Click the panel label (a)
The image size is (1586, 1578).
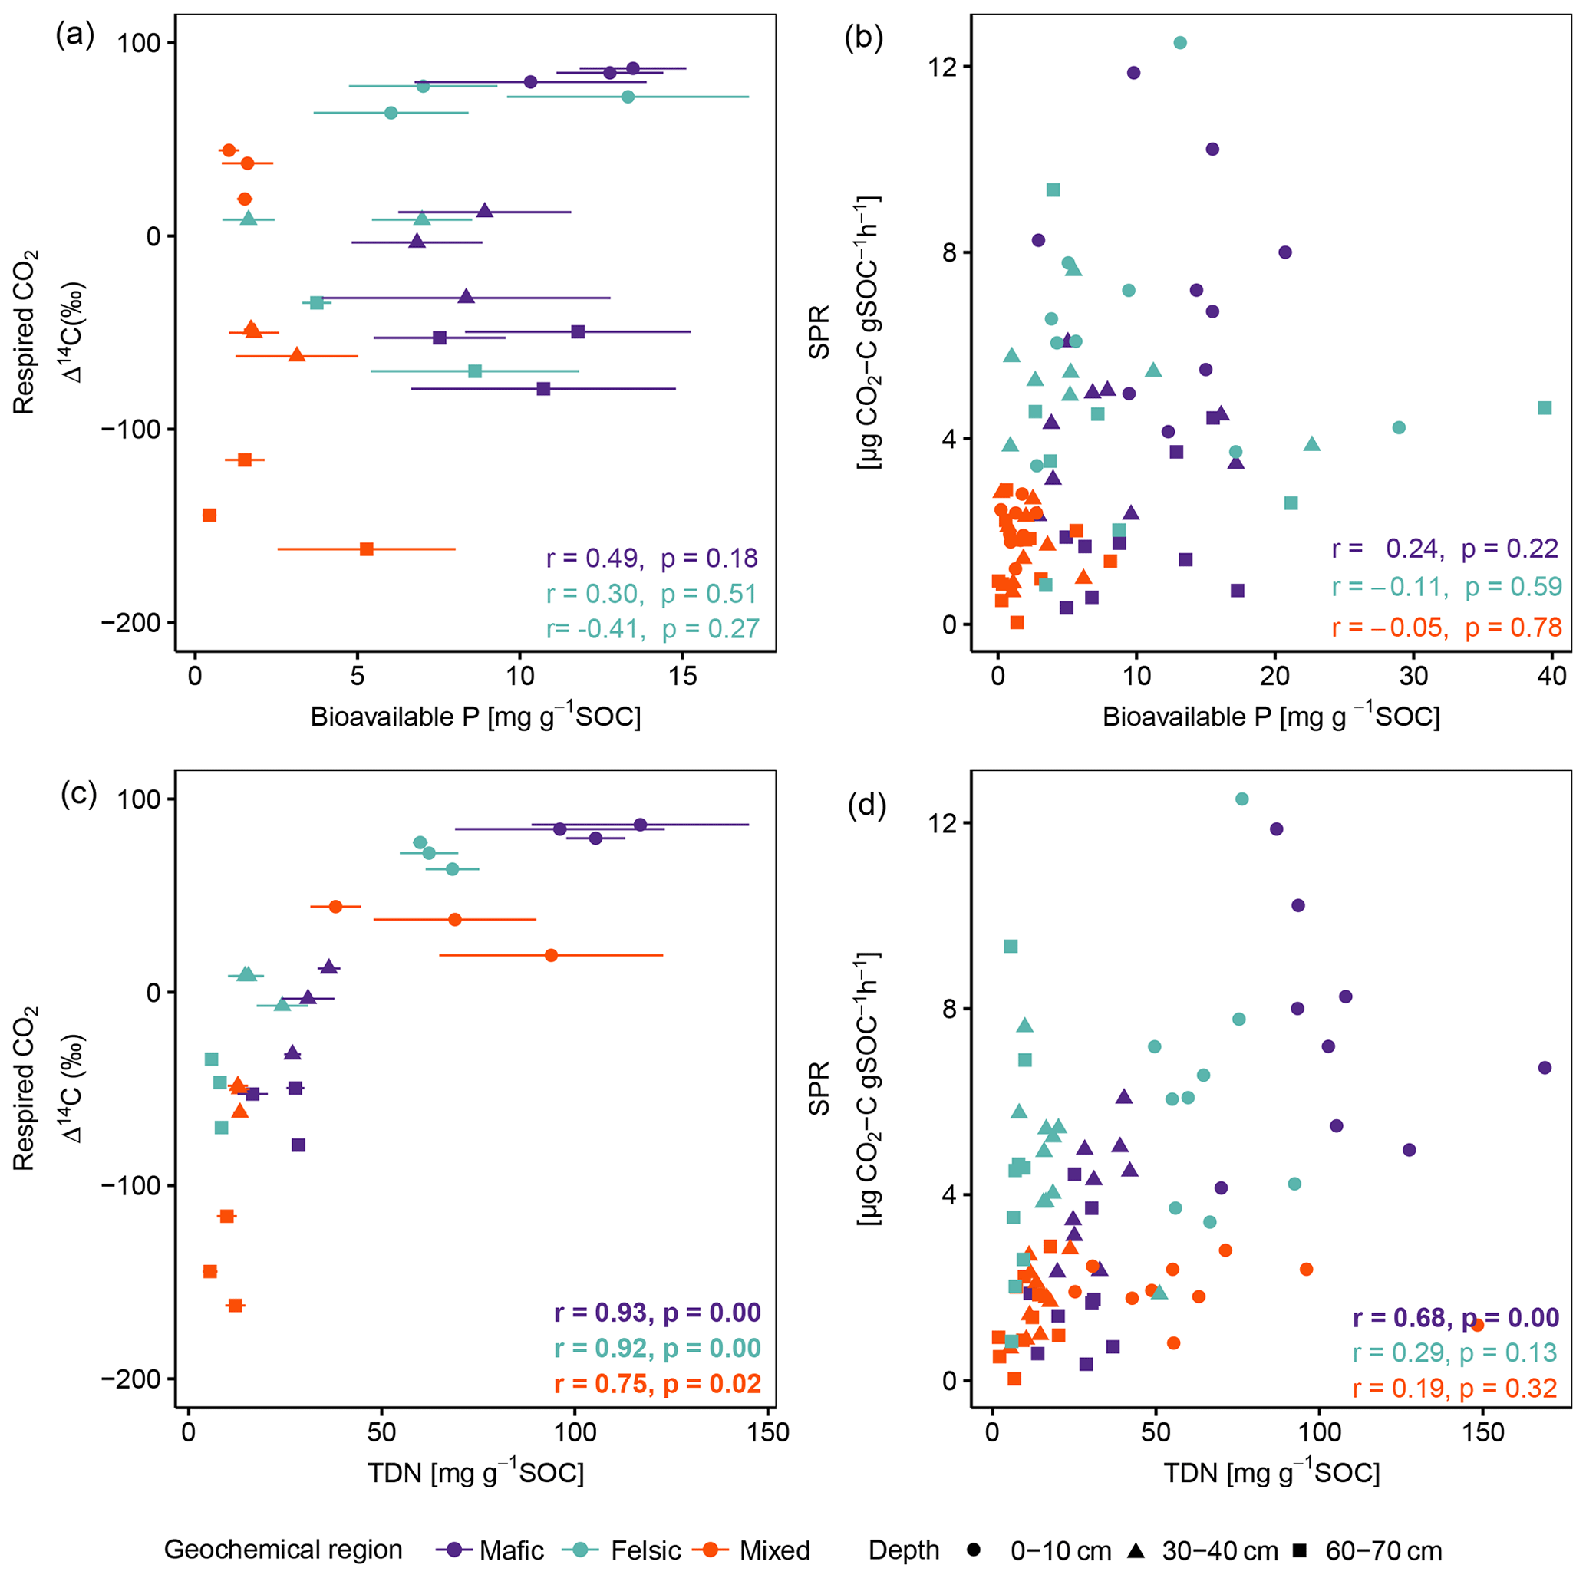[x=74, y=36]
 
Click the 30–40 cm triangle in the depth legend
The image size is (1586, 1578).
[x=1137, y=1550]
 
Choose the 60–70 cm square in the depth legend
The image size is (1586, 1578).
[x=1300, y=1550]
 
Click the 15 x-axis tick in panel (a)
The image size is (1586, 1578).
[x=682, y=676]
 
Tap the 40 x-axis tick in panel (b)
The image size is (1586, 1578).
[x=1552, y=676]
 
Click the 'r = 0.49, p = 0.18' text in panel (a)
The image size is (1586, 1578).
[x=651, y=558]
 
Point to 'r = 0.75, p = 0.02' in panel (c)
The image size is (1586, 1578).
[x=658, y=1383]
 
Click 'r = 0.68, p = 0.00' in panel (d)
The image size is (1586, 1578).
[x=1456, y=1318]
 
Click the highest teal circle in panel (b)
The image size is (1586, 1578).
[x=1179, y=43]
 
